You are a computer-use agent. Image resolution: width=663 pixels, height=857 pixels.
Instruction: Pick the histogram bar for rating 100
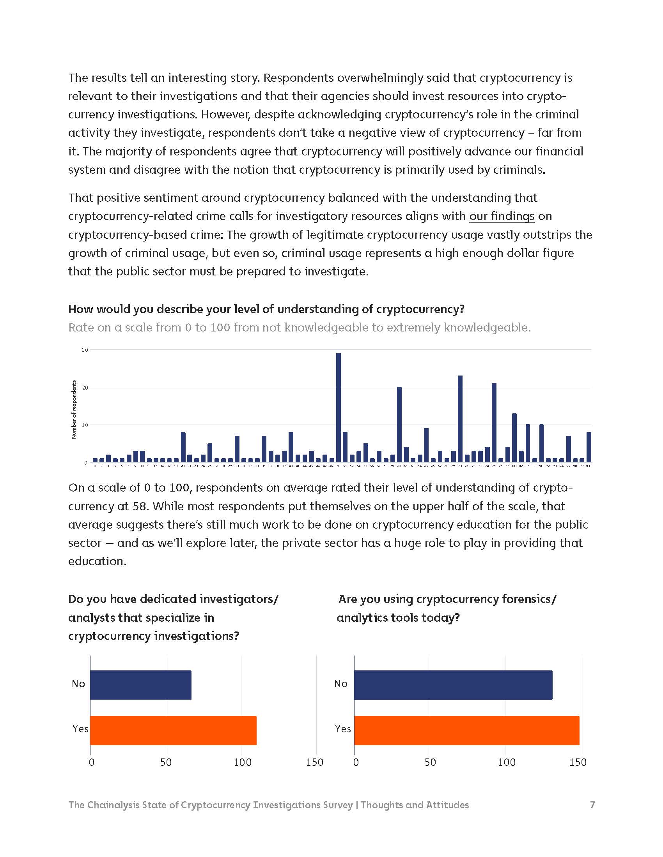point(589,447)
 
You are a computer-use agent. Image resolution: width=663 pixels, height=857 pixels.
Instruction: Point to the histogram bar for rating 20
point(183,447)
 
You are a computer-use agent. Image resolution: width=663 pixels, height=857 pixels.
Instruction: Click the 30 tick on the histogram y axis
point(85,350)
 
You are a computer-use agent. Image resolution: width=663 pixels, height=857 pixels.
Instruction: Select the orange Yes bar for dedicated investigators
point(173,730)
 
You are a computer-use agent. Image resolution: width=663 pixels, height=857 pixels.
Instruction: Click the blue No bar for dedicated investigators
point(141,685)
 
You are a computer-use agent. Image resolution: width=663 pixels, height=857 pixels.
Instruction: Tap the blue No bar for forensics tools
point(453,685)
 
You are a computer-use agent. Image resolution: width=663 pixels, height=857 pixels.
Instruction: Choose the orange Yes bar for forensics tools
point(466,730)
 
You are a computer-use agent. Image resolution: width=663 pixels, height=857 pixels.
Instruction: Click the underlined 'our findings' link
point(502,216)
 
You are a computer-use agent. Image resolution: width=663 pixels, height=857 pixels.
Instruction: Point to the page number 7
point(592,805)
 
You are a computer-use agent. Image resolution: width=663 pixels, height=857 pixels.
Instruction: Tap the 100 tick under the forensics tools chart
point(506,762)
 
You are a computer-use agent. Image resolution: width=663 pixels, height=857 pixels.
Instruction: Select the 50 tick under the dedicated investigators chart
point(166,762)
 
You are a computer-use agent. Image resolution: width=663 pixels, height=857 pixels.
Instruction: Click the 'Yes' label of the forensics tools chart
point(342,729)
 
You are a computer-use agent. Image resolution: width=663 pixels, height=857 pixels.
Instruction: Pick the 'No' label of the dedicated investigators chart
point(78,684)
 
